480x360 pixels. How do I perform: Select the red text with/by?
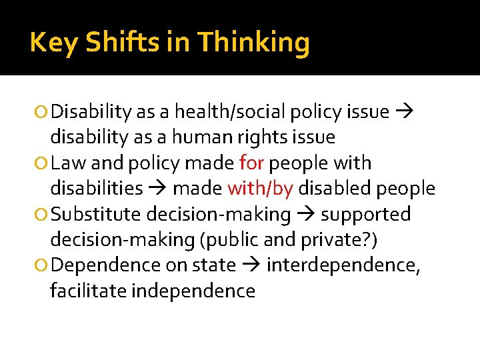click(x=260, y=189)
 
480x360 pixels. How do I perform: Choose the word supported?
click(x=366, y=215)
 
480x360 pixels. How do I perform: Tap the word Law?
click(x=67, y=163)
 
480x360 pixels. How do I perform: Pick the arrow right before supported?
click(x=306, y=215)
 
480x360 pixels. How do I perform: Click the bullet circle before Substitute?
click(x=43, y=215)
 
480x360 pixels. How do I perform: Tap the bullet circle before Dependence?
click(x=43, y=266)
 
